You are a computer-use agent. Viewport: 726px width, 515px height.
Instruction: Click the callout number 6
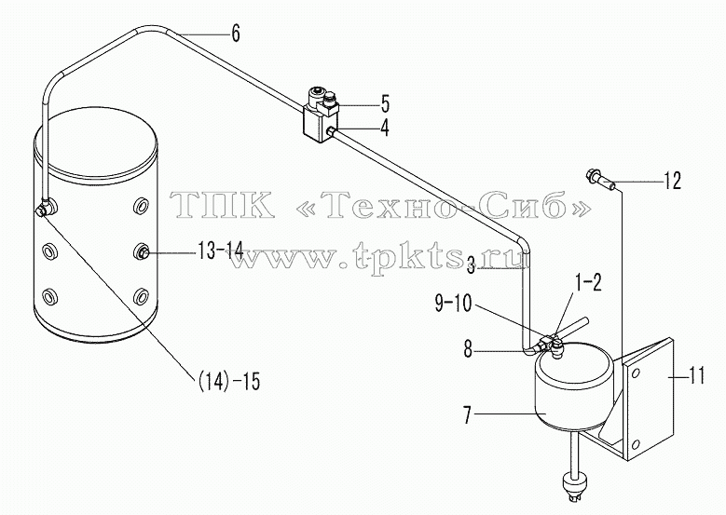click(236, 34)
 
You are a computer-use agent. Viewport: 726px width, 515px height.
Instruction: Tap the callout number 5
click(385, 104)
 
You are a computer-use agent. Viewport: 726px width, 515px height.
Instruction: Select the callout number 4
click(385, 128)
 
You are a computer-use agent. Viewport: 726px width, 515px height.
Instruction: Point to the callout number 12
click(672, 181)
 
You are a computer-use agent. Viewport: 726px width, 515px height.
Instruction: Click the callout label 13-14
click(220, 251)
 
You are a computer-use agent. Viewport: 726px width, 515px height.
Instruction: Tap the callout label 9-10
click(452, 305)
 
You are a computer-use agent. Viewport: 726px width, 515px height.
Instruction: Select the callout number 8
click(469, 350)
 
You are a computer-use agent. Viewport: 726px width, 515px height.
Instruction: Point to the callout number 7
click(468, 415)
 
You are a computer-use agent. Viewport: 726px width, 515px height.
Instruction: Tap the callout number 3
click(471, 267)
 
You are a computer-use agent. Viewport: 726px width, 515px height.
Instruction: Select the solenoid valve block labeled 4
click(321, 121)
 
